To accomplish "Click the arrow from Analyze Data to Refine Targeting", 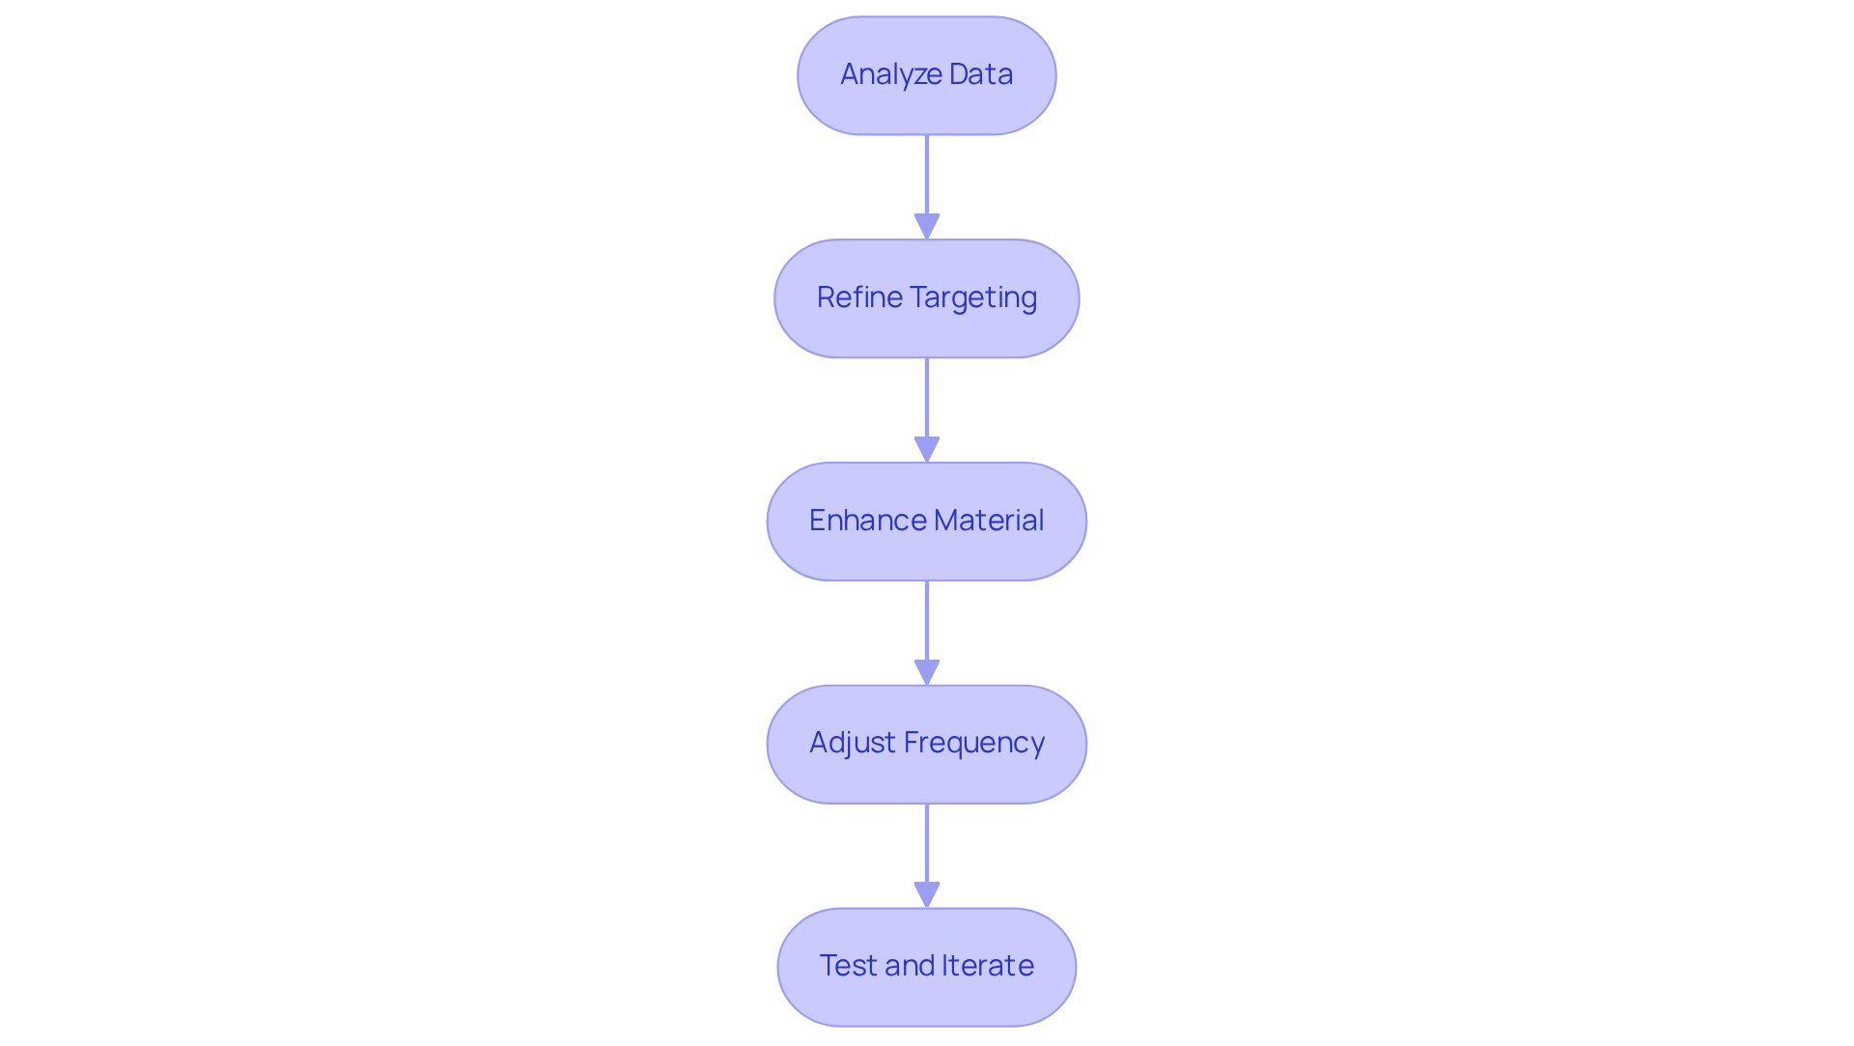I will pos(926,184).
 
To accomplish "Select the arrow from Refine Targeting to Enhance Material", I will pos(926,407).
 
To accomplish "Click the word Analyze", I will pos(878,74).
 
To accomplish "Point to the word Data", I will pos(980,74).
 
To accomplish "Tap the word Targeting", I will pos(973,297).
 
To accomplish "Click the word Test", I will pos(847,966).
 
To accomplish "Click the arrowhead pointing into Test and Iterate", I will pos(926,894).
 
